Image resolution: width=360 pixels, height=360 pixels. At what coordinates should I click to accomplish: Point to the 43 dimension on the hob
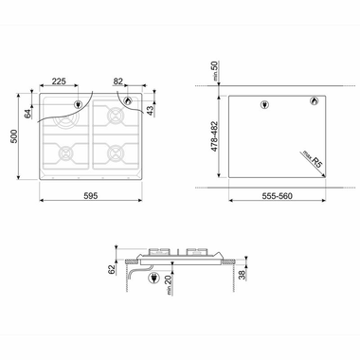(x=152, y=112)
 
